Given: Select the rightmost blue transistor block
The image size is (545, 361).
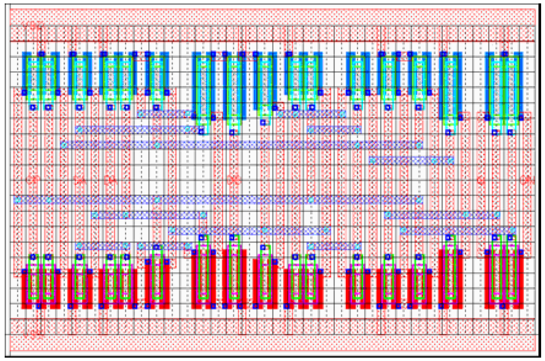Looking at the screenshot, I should (504, 86).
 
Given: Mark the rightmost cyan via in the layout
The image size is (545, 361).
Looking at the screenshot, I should (513, 231).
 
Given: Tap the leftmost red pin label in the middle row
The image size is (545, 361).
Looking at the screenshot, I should (33, 180).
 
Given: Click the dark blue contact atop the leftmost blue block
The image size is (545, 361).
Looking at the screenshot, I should (41, 54).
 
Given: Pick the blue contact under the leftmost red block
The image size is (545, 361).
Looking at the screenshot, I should (39, 306).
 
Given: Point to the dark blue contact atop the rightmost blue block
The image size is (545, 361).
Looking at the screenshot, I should (505, 54).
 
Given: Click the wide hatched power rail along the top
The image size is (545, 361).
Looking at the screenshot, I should (272, 17).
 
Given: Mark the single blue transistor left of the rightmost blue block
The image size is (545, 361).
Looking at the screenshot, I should (451, 86).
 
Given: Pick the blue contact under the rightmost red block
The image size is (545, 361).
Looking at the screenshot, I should (503, 306).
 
